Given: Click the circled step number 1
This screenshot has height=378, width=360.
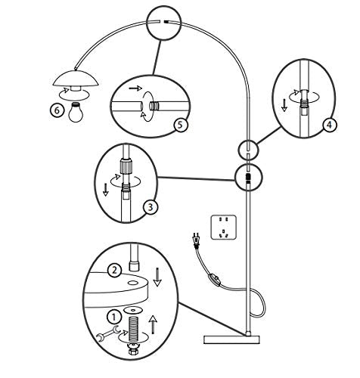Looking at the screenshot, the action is [114, 317].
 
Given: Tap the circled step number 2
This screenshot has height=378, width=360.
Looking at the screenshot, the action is [115, 271].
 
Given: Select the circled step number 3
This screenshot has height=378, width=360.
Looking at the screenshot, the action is [151, 207].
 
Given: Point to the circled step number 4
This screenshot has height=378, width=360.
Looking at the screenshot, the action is [330, 125].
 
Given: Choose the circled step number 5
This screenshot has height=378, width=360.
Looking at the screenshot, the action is [181, 125].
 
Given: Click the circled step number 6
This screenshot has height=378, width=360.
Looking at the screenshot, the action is [57, 110].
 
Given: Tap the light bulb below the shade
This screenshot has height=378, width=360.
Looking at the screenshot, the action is [76, 113].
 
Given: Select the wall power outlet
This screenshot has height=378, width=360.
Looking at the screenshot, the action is [224, 227].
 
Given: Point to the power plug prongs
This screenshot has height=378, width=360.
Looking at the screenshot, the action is [195, 237].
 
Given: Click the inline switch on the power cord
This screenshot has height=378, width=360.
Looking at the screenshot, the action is [214, 279].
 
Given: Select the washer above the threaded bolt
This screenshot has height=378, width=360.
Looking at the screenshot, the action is [133, 309].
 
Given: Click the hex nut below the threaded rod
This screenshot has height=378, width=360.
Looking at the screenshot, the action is [133, 351].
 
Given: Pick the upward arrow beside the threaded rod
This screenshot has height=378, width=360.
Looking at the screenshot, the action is [153, 324].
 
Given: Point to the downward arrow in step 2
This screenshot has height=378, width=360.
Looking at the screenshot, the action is [157, 277].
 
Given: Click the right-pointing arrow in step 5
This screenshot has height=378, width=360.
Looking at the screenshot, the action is [135, 88].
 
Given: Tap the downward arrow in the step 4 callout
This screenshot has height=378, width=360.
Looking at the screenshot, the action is [284, 105].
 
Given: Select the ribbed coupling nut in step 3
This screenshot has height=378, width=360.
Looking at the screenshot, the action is [126, 166].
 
